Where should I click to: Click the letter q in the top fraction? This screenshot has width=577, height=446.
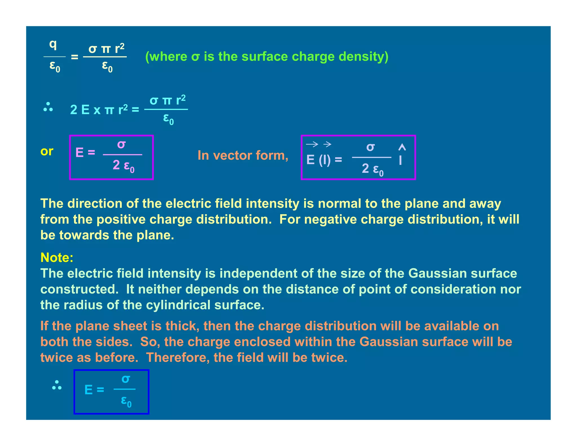pos(53,45)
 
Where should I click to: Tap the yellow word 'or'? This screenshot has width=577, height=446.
pos(47,151)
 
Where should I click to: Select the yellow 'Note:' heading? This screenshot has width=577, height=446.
pos(57,258)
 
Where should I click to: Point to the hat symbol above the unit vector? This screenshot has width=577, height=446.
pos(402,147)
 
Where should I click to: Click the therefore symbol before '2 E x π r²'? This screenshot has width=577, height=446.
pos(48,107)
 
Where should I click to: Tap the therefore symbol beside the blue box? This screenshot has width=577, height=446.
pos(57,385)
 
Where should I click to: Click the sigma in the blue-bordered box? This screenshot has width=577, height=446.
pos(126,379)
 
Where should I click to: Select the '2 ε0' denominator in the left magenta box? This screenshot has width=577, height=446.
pos(123,165)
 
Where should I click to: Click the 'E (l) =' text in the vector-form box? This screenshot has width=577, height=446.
pos(324,160)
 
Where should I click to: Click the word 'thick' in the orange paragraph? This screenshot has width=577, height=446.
pos(182,326)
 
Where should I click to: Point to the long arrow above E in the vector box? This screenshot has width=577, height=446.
pos(312,145)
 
